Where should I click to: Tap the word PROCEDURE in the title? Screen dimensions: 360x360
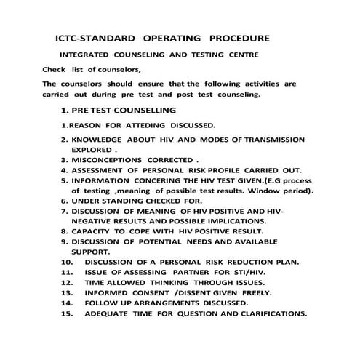click(x=240, y=36)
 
